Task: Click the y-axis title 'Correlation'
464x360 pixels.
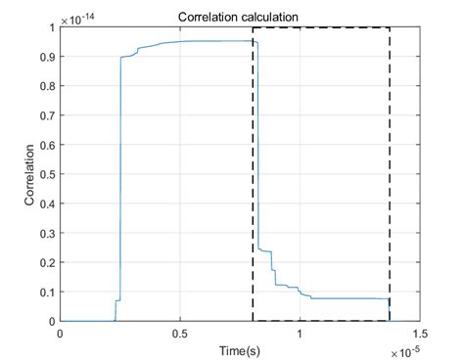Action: [x=30, y=174]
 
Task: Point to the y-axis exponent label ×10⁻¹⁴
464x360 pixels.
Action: [x=80, y=19]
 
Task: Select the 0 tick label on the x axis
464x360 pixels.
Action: [x=61, y=334]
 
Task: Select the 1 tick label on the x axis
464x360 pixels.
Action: [x=300, y=334]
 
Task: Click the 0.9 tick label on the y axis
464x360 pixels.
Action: [x=47, y=57]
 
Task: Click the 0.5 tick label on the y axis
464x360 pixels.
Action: [x=47, y=174]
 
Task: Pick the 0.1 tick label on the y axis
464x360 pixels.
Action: [x=47, y=292]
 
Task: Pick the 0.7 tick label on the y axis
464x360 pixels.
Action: [x=47, y=115]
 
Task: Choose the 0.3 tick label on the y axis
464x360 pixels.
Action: [x=47, y=233]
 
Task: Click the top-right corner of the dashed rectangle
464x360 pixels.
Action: [x=390, y=28]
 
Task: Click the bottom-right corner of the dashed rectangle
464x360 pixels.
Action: [x=390, y=320]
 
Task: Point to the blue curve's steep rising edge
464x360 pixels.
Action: [x=120, y=176]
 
